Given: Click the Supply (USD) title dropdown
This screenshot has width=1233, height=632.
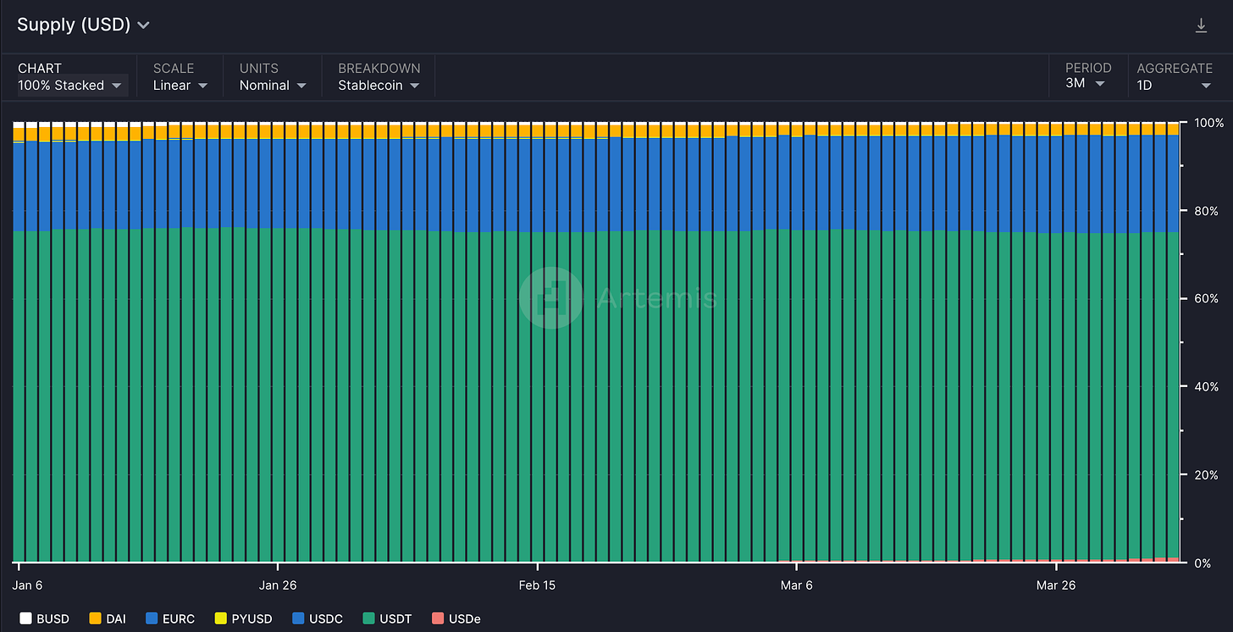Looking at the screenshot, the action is point(83,25).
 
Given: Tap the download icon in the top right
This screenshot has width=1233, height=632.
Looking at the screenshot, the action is point(1201,25).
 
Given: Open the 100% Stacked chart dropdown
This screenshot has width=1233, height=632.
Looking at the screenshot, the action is point(69,86).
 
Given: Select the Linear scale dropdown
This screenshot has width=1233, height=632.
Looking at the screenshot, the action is point(180,86).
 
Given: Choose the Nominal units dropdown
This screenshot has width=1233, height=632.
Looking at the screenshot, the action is point(273,86).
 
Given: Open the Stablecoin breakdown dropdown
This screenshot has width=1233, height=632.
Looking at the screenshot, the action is point(379,86).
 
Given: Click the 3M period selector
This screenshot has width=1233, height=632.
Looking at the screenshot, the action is point(1085,83).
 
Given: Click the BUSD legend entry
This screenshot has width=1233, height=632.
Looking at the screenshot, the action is point(44,618).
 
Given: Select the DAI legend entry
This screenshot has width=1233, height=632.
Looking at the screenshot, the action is point(108,618).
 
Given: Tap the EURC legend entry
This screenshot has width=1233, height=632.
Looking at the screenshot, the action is point(170,618).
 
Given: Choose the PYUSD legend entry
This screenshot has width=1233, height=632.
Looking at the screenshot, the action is point(243,618).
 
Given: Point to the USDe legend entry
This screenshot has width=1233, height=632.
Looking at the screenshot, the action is point(456,618).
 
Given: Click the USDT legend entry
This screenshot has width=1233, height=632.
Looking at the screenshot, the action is point(388,618).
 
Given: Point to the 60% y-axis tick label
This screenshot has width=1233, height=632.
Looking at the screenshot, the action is point(1206,298).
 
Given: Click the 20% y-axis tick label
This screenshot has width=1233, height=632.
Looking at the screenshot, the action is point(1206,475).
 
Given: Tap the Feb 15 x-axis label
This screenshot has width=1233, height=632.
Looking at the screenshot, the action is point(537,585).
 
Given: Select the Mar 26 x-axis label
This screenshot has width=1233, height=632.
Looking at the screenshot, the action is point(1056,585).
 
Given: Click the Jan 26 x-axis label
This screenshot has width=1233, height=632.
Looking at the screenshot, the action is point(278,585).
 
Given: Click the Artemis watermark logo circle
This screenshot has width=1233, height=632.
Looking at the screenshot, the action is point(551,298).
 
